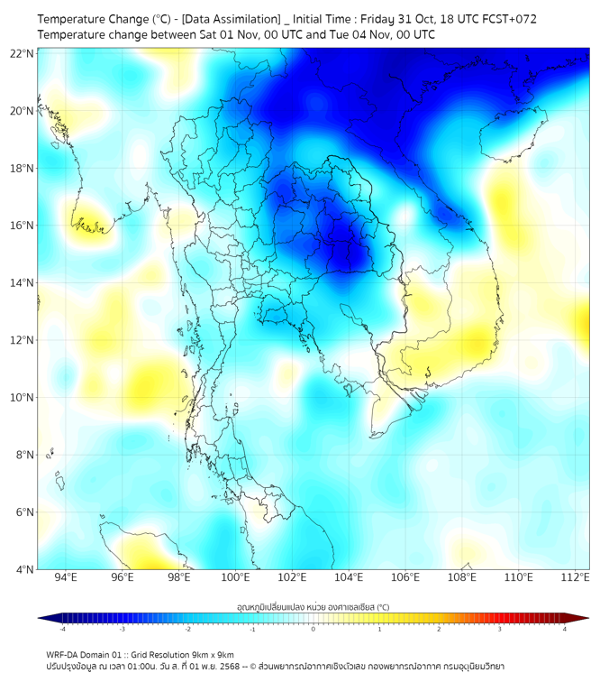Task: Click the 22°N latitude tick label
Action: pyautogui.click(x=23, y=54)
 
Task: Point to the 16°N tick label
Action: pyautogui.click(x=23, y=226)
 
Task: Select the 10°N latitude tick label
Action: pyautogui.click(x=23, y=398)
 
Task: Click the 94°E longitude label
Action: pyautogui.click(x=66, y=577)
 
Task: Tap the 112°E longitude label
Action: pyautogui.click(x=575, y=577)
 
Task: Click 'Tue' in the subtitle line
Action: pyautogui.click(x=338, y=34)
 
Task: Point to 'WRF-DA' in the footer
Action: pyautogui.click(x=62, y=654)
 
